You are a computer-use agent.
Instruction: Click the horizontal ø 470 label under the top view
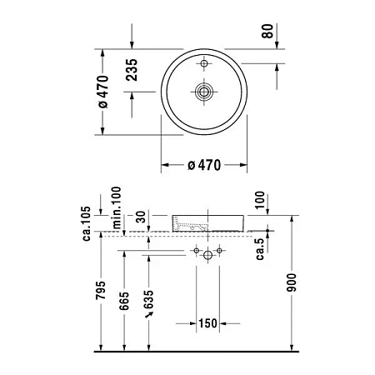pyautogui.click(x=203, y=166)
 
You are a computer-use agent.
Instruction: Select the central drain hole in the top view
pyautogui.click(x=203, y=92)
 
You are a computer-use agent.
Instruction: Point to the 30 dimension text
pyautogui.click(x=142, y=219)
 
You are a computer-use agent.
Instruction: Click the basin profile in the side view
pyautogui.click(x=207, y=222)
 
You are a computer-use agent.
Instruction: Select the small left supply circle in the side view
pyautogui.click(x=195, y=249)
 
